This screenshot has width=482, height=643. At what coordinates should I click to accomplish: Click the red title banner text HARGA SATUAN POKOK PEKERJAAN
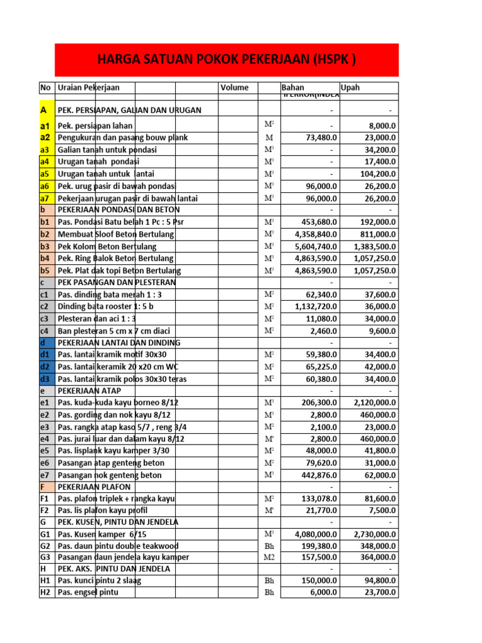227,60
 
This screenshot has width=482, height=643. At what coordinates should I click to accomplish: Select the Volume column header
234,88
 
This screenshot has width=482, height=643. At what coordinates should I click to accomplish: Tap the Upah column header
350,88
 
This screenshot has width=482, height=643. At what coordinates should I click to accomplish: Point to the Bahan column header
292,88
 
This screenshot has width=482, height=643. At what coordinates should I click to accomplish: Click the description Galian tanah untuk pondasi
107,149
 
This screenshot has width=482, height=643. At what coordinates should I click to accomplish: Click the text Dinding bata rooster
105,306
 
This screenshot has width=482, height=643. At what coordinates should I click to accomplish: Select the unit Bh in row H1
269,581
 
